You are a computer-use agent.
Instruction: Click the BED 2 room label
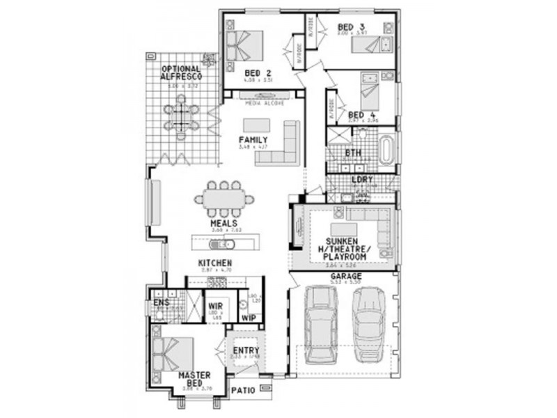(x=258, y=72)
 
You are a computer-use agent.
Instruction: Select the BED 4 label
(x=362, y=115)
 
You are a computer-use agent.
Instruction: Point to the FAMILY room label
(x=253, y=139)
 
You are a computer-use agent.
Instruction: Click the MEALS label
(x=224, y=224)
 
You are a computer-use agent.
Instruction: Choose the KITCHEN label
(x=215, y=263)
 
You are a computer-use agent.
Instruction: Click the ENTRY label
(x=246, y=350)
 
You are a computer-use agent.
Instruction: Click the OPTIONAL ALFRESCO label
(x=180, y=72)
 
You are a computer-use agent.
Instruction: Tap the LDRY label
(x=361, y=180)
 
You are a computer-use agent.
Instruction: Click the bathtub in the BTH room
(x=386, y=148)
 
